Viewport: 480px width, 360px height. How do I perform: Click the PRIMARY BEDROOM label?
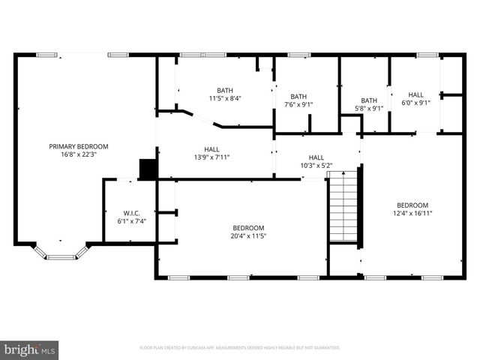[79, 146]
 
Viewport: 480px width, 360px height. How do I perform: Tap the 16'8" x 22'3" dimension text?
[79, 155]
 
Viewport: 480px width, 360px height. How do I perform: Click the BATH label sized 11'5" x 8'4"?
[225, 89]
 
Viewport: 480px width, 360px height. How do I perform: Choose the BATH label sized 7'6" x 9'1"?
[298, 96]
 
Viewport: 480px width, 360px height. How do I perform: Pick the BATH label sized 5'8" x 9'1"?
[368, 100]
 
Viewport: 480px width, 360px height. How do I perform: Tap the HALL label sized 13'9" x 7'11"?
[211, 148]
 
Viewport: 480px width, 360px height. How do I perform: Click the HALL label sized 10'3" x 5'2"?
[316, 157]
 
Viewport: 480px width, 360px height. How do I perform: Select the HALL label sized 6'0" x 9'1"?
[415, 94]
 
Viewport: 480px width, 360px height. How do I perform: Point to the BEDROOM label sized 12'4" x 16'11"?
[412, 205]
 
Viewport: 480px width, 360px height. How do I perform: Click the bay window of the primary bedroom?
[61, 253]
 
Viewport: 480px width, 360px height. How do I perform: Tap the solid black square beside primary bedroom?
[148, 169]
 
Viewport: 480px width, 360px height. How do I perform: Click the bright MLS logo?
[30, 349]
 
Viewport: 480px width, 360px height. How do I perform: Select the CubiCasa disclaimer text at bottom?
[240, 348]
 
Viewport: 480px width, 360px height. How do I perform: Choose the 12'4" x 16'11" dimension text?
[412, 213]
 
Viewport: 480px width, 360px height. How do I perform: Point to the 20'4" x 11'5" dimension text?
[247, 235]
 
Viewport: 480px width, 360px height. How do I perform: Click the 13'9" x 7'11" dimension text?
[211, 157]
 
